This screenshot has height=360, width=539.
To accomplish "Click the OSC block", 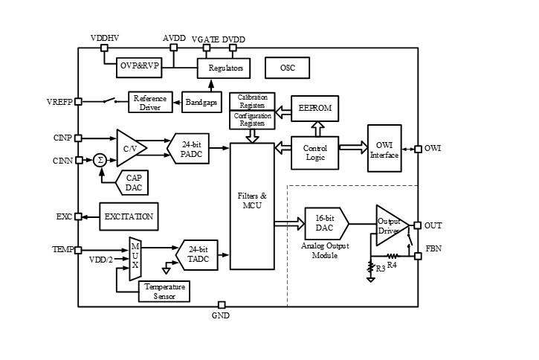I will coord(288,68).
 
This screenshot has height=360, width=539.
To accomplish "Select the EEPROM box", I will coord(314,109).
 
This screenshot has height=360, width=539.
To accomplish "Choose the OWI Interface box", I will coord(384,149).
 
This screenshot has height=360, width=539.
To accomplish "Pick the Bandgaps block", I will coord(201,102).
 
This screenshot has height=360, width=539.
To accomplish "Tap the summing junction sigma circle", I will coord(99,159).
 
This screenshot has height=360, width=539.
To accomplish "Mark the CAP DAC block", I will coord(134,182).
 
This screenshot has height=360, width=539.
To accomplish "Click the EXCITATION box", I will coord(129,216).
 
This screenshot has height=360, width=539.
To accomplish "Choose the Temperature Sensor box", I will coord(165,291).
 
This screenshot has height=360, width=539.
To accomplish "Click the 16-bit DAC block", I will coord(323,223).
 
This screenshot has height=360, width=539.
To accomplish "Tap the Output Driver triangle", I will coord(389,225).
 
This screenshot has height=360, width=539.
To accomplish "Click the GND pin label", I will coord(221,315).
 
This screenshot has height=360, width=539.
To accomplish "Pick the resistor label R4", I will coord(392,263).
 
